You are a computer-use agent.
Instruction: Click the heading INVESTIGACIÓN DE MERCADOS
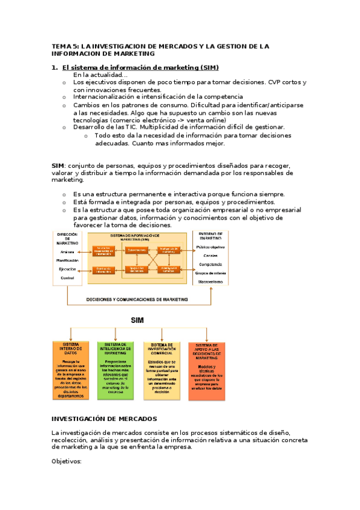pyautogui.click(x=104, y=418)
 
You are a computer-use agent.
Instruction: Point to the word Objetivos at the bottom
pyautogui.click(x=66, y=461)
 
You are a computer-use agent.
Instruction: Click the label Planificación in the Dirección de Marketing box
pyautogui.click(x=67, y=260)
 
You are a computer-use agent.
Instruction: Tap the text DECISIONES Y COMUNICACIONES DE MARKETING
pyautogui.click(x=137, y=299)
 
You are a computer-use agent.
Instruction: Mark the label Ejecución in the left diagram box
pyautogui.click(x=67, y=269)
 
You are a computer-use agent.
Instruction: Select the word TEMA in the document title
pyautogui.click(x=61, y=46)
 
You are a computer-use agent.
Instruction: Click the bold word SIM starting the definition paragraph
pyautogui.click(x=58, y=165)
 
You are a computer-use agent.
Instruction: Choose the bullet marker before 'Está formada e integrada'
pyautogui.click(x=64, y=203)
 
